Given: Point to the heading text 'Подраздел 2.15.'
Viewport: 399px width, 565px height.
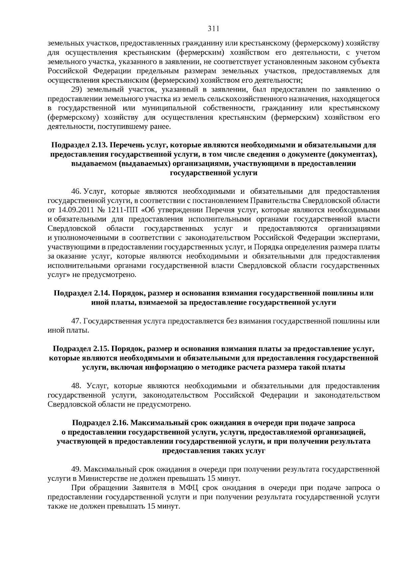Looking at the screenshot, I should tap(81, 349).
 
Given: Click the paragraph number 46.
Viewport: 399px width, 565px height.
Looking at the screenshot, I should tap(76, 191).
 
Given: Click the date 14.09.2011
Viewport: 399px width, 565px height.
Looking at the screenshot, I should tap(74, 210).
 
